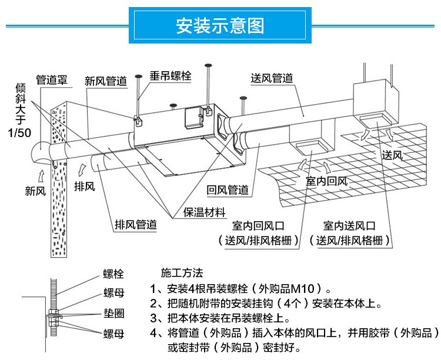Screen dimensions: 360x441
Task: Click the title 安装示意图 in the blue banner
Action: click(x=220, y=26)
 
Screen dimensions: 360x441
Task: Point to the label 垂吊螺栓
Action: click(x=170, y=76)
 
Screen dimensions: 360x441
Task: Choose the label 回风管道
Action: click(x=228, y=190)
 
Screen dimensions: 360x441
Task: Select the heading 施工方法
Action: click(x=182, y=273)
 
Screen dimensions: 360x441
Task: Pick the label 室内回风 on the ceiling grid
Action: click(x=327, y=181)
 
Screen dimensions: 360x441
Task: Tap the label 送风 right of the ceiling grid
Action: click(x=393, y=156)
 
